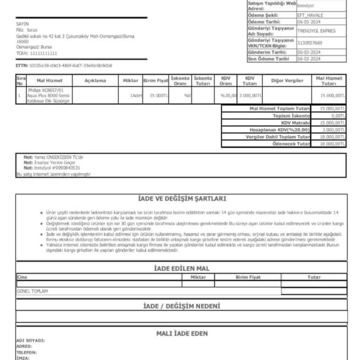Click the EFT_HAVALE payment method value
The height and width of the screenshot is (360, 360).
(x=310, y=15)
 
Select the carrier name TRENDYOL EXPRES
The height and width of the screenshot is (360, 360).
(x=316, y=31)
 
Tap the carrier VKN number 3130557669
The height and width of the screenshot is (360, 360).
(x=309, y=43)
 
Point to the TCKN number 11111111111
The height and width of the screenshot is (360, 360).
(x=36, y=53)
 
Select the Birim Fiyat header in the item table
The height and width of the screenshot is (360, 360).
(x=155, y=81)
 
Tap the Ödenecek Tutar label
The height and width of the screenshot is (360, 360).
(x=291, y=144)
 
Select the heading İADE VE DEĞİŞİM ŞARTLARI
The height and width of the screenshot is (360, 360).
(x=182, y=199)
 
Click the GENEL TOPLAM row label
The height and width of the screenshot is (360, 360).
(x=32, y=291)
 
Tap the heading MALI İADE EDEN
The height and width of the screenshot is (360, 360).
(x=182, y=333)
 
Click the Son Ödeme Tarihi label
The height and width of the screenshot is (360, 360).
(x=268, y=59)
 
